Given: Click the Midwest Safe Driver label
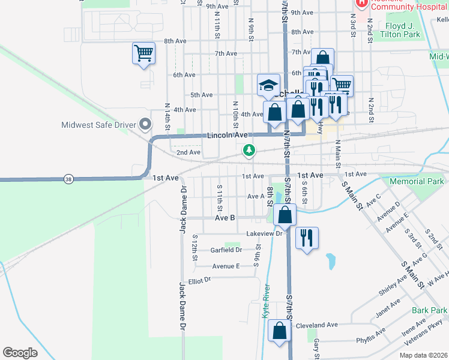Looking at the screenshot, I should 98,125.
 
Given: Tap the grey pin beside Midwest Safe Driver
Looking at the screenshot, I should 145,125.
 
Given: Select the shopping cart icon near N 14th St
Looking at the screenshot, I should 143,53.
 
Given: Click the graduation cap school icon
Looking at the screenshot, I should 268,85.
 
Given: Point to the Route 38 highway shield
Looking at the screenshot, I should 68,179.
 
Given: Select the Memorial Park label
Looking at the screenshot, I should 417,181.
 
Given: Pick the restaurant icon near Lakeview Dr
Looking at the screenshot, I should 307,238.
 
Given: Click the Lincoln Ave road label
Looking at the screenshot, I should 228,136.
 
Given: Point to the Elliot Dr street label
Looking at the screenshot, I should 200,280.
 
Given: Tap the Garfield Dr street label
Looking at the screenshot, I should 226,250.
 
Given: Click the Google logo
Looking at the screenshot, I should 20,353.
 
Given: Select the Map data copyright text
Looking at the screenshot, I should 423,355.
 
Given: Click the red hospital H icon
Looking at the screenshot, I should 361,3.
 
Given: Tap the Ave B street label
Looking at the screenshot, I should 224,218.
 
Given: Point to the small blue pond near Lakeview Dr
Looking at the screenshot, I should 331,260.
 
